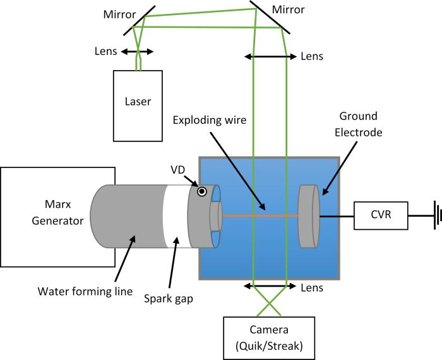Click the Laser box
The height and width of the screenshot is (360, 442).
pos(137,105)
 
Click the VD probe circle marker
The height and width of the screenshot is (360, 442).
pos(201,191)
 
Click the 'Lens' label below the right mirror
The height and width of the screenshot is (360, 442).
pos(312,56)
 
